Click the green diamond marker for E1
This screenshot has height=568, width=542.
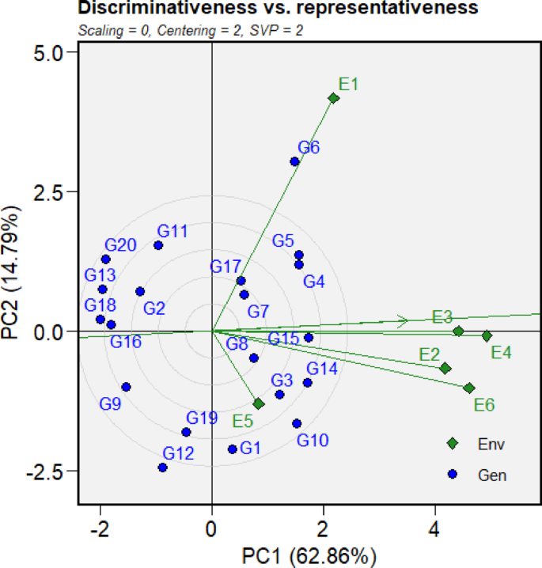[334, 98]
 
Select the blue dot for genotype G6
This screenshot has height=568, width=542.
[294, 161]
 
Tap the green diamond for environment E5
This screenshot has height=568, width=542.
[259, 403]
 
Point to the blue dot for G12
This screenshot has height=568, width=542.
[162, 468]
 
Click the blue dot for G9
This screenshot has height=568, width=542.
[126, 387]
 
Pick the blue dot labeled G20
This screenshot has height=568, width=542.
[105, 259]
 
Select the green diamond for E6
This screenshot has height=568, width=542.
[469, 388]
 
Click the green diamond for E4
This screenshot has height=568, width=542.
[487, 336]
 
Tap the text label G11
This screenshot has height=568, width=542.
[172, 231]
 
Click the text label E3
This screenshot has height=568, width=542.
[442, 317]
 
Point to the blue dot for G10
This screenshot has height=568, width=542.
[297, 423]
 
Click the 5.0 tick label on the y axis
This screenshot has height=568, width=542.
[55, 52]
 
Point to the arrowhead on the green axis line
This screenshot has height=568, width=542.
[404, 320]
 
